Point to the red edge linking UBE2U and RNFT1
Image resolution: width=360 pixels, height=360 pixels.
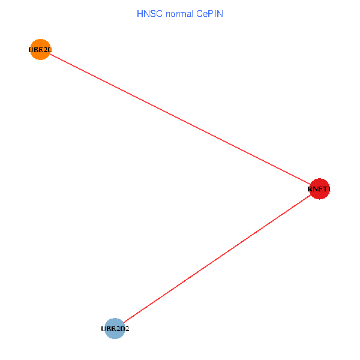(180, 119)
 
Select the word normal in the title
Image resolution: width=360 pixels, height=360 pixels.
(178, 13)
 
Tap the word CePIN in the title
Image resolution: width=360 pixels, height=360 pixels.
(209, 13)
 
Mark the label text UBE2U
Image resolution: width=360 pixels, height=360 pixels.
(40, 50)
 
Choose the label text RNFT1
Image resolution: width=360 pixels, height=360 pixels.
(319, 190)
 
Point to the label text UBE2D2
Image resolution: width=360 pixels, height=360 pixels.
(115, 329)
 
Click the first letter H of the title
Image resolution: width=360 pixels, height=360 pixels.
(140, 13)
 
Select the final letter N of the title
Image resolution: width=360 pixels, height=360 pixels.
(220, 13)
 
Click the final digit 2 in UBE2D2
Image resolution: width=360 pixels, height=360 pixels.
(127, 329)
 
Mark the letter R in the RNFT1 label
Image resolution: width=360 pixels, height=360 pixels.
(310, 190)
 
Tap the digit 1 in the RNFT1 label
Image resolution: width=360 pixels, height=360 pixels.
(329, 190)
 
